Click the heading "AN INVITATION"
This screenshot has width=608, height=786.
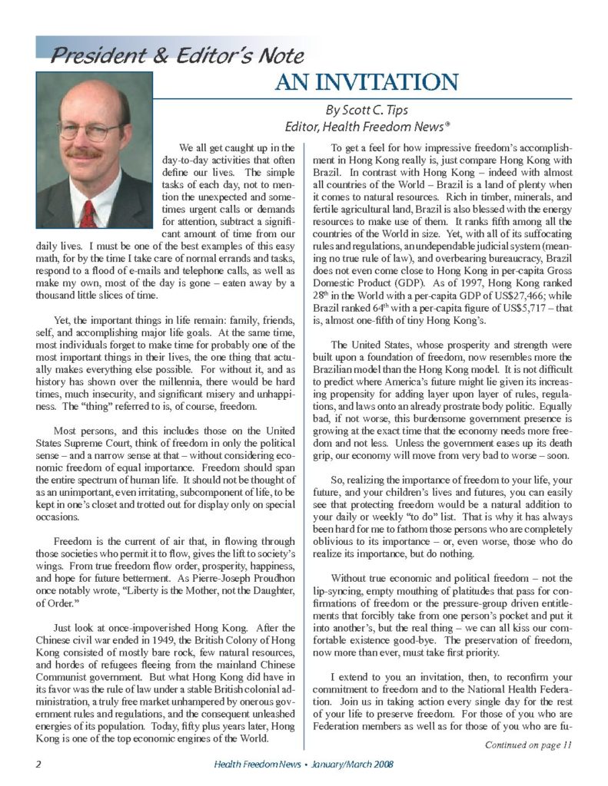367,81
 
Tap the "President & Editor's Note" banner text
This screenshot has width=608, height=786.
178,55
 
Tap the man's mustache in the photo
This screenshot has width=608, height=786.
85,154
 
